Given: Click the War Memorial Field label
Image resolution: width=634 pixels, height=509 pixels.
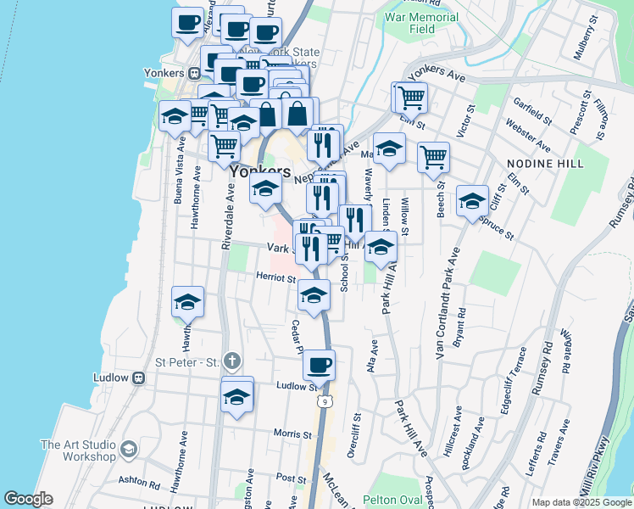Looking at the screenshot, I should point(421,23).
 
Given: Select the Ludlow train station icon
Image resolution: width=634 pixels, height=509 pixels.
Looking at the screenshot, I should point(139,378).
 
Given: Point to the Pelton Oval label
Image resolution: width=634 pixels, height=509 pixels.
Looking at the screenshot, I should point(392,500).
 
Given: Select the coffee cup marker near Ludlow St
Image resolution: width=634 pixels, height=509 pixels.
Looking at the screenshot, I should point(319,366).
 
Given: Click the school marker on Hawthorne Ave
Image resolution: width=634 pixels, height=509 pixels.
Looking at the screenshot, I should point(188,302).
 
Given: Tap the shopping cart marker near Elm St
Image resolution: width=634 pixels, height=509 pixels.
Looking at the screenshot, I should point(410,98).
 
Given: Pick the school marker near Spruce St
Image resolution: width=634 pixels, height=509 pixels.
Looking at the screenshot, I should point(472,201).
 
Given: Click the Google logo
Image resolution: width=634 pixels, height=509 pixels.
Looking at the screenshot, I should point(28,499).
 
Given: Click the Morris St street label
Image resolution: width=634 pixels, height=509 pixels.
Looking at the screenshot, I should point(292,433).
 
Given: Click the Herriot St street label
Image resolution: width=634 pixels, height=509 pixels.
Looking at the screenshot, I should point(275,277).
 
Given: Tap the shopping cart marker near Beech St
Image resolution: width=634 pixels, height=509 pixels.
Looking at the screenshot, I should point(433,157).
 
